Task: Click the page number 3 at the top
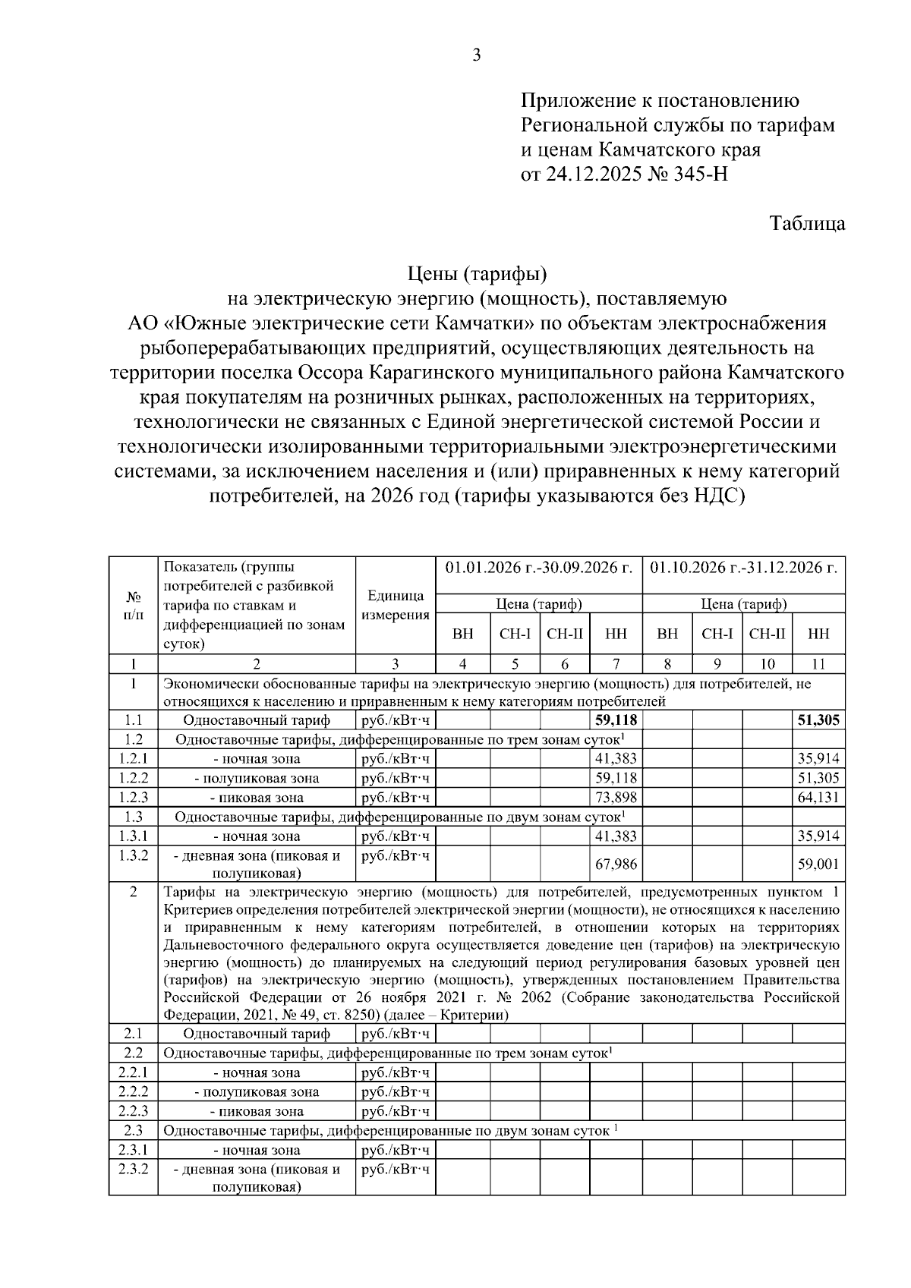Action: pyautogui.click(x=477, y=55)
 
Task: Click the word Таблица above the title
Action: pyautogui.click(x=807, y=224)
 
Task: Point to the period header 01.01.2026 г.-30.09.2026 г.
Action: pyautogui.click(x=539, y=568)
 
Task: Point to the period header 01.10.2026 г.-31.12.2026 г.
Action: pyautogui.click(x=744, y=568)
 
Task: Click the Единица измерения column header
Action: pyautogui.click(x=395, y=606)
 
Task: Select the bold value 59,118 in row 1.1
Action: pyautogui.click(x=616, y=720)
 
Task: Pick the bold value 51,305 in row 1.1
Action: pyautogui.click(x=818, y=720)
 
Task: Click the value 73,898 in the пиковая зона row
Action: pyautogui.click(x=616, y=798)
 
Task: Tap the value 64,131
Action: pyautogui.click(x=818, y=798)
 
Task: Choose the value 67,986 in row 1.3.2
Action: pyautogui.click(x=616, y=864)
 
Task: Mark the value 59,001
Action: pyautogui.click(x=818, y=864)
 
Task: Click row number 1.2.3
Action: pyautogui.click(x=133, y=798)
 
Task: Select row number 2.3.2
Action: pyautogui.click(x=133, y=1169)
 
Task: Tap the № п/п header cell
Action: pyautogui.click(x=133, y=606)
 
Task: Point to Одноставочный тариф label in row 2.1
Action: pyautogui.click(x=257, y=1034)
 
